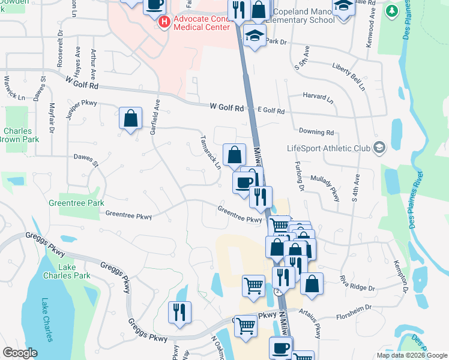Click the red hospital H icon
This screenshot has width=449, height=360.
tap(164, 22)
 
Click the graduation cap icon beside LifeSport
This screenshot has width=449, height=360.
tap(379, 148)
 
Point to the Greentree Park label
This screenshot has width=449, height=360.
tap(76, 203)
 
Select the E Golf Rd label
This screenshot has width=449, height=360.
tap(271, 111)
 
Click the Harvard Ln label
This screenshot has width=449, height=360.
tap(318, 96)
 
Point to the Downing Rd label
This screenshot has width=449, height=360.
tap(316, 132)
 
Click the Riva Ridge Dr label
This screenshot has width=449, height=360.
tap(357, 283)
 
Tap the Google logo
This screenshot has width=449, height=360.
tap(20, 353)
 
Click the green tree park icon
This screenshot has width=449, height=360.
tap(393, 11)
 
